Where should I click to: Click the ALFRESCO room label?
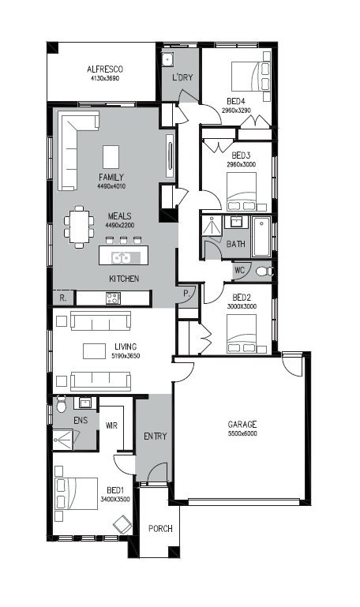[105, 69]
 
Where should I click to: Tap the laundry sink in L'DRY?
[167, 60]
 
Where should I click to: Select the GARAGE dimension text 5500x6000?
[242, 433]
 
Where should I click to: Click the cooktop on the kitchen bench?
[114, 298]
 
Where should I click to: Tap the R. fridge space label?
[63, 298]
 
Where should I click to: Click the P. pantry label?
[186, 294]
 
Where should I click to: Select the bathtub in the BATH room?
[261, 237]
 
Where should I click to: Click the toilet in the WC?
[264, 271]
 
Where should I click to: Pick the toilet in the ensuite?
[61, 404]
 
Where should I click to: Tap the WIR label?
[111, 425]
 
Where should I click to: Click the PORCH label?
[160, 528]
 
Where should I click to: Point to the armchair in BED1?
[122, 525]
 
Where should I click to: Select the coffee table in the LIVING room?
[94, 350]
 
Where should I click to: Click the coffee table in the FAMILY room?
[111, 157]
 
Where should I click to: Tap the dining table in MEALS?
[79, 227]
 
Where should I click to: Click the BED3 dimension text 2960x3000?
[241, 164]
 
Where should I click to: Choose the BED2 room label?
[242, 298]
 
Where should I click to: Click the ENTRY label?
[156, 437]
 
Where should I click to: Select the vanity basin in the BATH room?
[236, 222]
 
